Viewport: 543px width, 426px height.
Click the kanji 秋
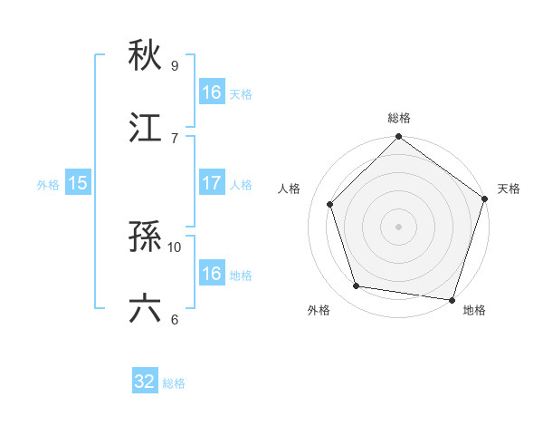[x=145, y=55]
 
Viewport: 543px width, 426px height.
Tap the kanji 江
[x=145, y=127]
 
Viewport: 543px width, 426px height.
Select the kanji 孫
[x=145, y=236]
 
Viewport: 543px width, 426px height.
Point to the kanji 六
[x=145, y=308]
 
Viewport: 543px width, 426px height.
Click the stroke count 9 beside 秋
[x=175, y=65]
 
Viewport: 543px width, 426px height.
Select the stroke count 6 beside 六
[x=175, y=318]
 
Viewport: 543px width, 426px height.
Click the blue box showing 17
[x=211, y=183]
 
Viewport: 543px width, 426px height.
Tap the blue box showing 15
[x=78, y=183]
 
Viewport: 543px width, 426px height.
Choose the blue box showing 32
[x=145, y=382]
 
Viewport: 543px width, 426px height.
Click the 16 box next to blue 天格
[x=211, y=92]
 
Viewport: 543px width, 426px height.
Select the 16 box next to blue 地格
[x=211, y=274]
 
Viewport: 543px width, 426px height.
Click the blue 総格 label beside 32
[x=174, y=383]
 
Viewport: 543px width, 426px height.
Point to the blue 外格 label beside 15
[x=48, y=184]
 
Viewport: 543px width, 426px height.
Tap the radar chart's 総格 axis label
[x=398, y=118]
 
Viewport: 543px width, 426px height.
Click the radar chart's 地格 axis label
[x=474, y=310]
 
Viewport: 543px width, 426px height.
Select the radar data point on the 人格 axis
[x=330, y=204]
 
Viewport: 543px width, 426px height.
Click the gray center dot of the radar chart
[x=398, y=226]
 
